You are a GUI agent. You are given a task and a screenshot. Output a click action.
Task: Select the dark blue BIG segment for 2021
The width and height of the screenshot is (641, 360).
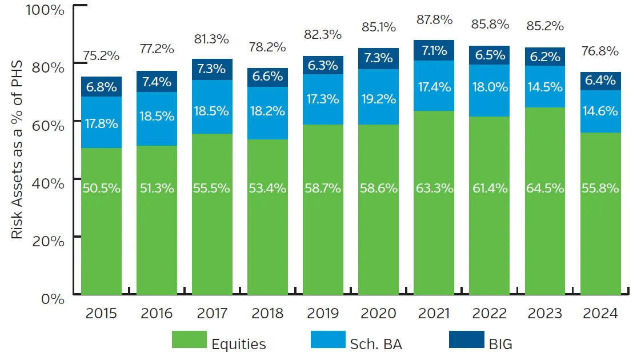click(434, 50)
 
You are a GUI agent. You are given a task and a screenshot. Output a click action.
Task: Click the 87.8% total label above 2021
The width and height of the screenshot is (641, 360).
click(434, 19)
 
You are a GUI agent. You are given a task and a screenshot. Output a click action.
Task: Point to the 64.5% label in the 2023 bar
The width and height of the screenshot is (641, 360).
click(545, 188)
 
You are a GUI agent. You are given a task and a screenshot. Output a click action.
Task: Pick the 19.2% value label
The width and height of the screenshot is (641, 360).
click(379, 99)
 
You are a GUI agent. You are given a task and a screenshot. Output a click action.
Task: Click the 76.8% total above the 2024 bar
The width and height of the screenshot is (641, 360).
click(600, 51)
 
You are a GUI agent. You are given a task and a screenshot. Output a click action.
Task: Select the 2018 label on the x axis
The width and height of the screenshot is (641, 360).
click(267, 314)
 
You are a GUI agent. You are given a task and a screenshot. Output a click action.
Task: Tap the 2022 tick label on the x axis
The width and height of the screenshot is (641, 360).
click(490, 314)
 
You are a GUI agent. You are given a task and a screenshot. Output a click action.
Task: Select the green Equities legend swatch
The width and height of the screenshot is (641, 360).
click(189, 339)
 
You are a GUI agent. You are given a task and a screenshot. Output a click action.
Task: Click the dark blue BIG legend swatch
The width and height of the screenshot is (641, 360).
click(466, 339)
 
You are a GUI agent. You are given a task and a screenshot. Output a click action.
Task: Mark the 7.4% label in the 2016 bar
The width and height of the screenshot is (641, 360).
click(157, 82)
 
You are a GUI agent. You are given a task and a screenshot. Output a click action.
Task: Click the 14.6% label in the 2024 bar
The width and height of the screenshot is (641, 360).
click(600, 111)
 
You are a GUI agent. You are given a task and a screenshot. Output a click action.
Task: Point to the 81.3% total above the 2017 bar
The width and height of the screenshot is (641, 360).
click(213, 39)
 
